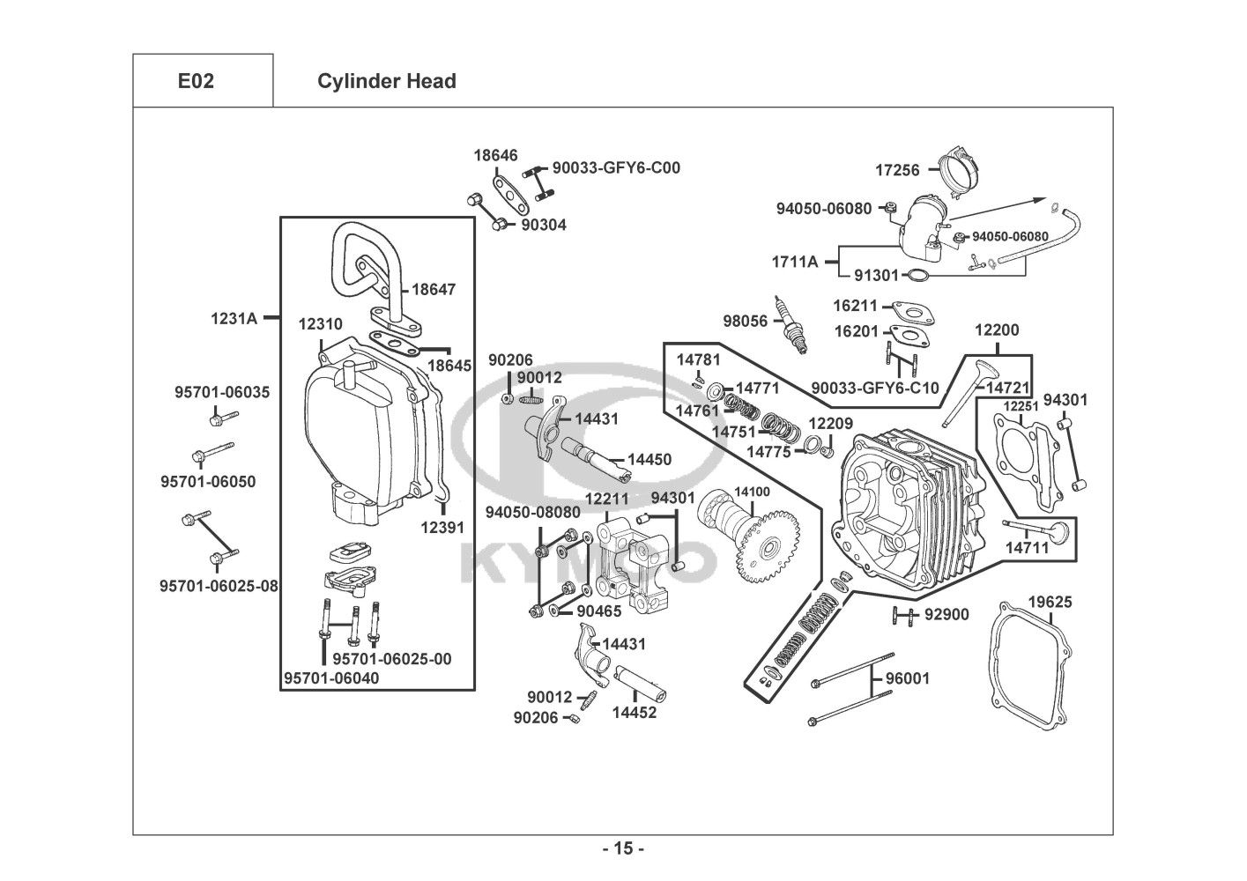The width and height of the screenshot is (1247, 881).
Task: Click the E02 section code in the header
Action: point(196,81)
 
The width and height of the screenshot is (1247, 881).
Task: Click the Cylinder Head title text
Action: point(386,81)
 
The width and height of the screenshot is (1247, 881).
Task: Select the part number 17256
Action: point(897,170)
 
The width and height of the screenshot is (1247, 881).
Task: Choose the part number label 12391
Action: point(442,528)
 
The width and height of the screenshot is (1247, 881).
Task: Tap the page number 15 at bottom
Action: point(623,849)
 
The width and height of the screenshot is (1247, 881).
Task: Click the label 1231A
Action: point(234,319)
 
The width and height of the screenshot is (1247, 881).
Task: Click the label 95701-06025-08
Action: point(219,586)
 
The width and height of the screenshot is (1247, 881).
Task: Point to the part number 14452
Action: point(635,713)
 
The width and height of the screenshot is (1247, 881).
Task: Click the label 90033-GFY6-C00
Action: point(616,167)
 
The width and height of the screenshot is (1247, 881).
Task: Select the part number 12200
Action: point(996,330)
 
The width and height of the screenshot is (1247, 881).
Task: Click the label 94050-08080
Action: point(533,512)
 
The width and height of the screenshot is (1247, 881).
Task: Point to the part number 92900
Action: point(946,614)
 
